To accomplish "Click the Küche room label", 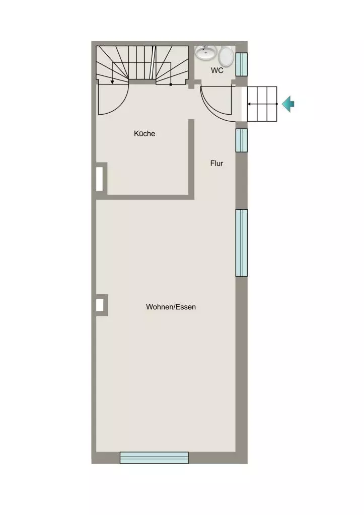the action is (144, 133).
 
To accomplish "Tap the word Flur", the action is (216, 163).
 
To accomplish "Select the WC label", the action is (217, 70).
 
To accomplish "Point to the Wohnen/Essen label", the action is (171, 307).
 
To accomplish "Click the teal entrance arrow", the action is (288, 104).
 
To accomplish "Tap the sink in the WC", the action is (206, 52).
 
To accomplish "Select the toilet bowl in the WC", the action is (226, 56).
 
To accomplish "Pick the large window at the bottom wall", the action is (154, 458).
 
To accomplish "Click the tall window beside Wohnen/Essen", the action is (241, 243).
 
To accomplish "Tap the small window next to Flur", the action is (241, 140).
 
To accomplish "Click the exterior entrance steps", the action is (262, 104).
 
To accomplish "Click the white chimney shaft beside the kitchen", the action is (99, 179).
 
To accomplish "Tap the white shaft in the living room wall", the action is (100, 305).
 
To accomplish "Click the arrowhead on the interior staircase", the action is (112, 82).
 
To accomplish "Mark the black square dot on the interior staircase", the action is (171, 84).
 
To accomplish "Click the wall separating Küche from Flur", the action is (191, 159).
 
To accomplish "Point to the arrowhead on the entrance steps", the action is (249, 104).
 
